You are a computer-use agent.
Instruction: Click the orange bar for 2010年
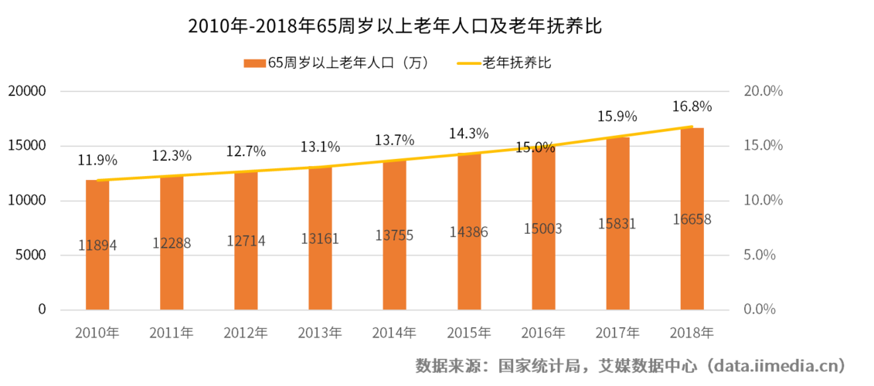[97, 245]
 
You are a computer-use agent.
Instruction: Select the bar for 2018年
[692, 219]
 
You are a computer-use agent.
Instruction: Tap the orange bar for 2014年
[395, 235]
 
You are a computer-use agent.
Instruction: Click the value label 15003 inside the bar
[543, 229]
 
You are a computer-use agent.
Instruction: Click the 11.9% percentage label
[97, 161]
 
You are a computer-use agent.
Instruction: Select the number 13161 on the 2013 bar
[320, 239]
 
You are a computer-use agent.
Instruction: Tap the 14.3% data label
[469, 134]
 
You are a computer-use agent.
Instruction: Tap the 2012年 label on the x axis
[246, 334]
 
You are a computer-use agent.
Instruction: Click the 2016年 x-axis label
[543, 334]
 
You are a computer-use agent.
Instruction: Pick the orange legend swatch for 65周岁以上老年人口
[254, 63]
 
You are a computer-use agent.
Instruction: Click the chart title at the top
[395, 26]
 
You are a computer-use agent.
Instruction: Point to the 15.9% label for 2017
[617, 117]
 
